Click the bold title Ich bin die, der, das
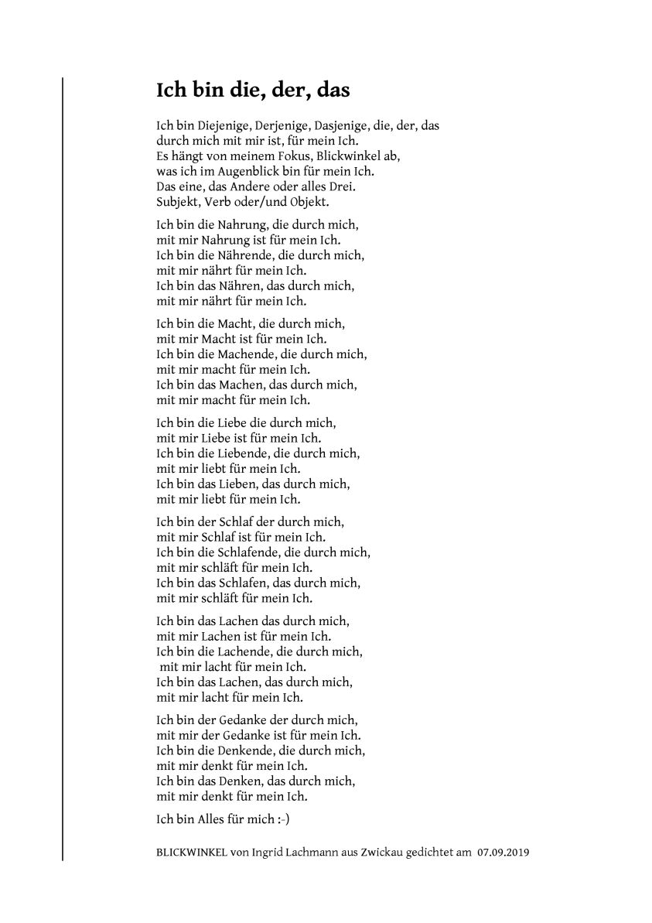(253, 91)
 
